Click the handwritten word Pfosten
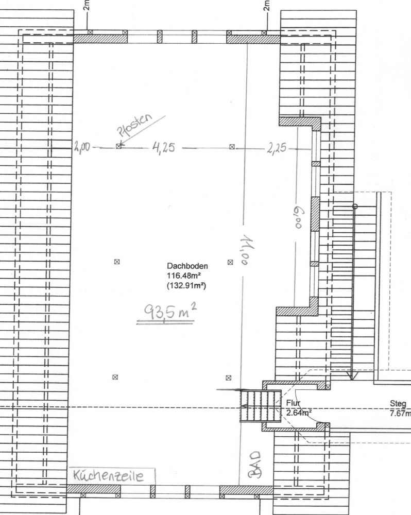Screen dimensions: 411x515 [135, 125]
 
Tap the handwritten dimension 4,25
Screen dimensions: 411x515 [164, 148]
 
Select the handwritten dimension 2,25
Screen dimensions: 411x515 [277, 148]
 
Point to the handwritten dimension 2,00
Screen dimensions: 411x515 [82, 146]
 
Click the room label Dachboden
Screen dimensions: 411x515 [187, 266]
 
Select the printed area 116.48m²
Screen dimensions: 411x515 [184, 275]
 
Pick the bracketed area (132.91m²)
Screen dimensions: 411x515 [186, 285]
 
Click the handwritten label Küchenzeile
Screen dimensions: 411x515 [108, 475]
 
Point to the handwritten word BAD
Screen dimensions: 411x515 [255, 465]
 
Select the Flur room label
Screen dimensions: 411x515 [293, 403]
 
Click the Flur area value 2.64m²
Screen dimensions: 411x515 [299, 413]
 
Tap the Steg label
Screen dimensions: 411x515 [398, 403]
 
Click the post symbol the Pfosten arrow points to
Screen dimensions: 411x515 [118, 146]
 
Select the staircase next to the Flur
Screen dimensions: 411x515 [261, 406]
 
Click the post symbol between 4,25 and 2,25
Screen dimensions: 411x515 [232, 147]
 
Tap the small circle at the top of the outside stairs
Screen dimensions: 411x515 [355, 207]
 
